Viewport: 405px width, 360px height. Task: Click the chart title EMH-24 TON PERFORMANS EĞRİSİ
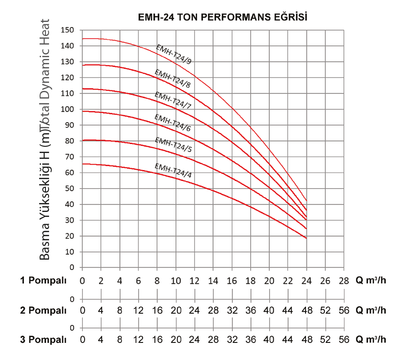(x=223, y=18)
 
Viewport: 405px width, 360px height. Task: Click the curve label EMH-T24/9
(x=173, y=55)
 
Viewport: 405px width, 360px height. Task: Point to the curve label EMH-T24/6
(x=173, y=123)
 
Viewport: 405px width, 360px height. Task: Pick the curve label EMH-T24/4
(x=173, y=171)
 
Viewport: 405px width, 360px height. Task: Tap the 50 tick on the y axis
(x=68, y=189)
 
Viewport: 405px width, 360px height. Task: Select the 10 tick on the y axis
(x=68, y=252)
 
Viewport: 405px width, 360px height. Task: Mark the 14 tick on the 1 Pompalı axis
(x=213, y=281)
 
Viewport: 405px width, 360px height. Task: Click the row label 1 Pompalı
(x=43, y=281)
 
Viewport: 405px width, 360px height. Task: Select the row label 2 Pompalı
(x=43, y=310)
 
